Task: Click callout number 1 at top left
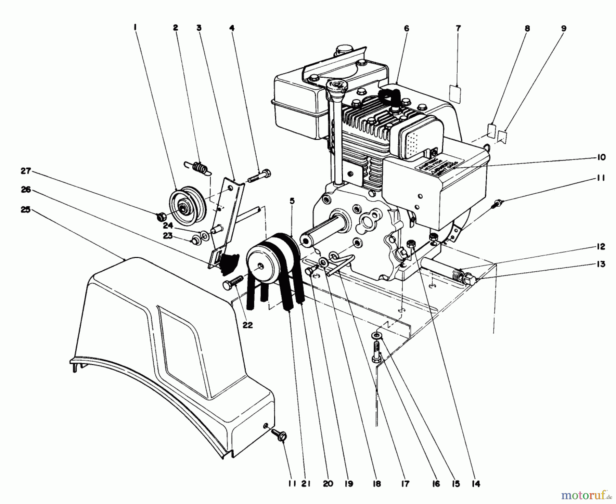point(136,28)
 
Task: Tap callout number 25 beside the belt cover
point(26,209)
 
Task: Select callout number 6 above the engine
point(406,28)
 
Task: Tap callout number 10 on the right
point(601,157)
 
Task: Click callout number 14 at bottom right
point(475,483)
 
